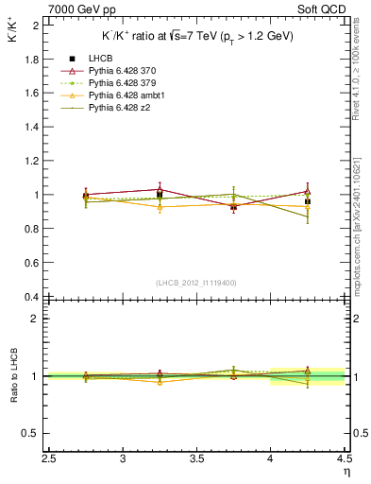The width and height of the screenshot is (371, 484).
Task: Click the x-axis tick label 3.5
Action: [x=197, y=459]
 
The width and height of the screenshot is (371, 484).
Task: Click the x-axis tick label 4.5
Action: [x=344, y=459]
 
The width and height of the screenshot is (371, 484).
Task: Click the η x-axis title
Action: [x=346, y=472]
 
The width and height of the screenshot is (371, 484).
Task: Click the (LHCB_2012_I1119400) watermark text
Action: [x=196, y=283]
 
